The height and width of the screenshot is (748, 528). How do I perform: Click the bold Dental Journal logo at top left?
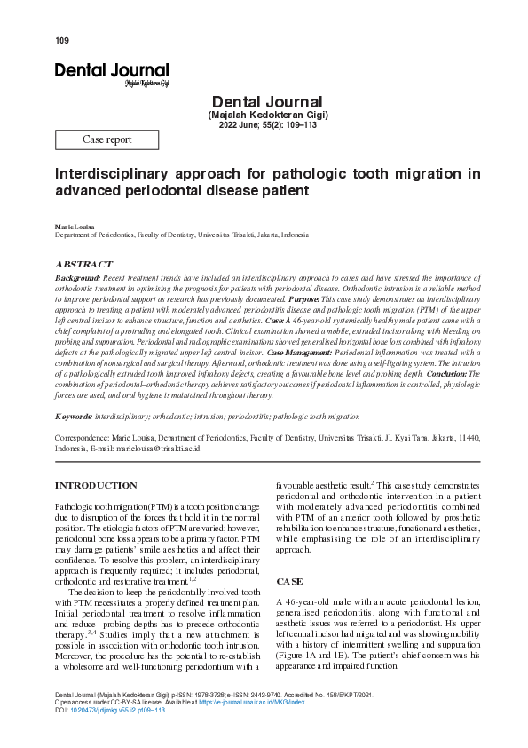click(x=111, y=70)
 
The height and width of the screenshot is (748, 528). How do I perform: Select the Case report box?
click(x=106, y=139)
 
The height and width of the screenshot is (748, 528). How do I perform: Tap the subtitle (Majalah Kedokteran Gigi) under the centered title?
click(x=268, y=116)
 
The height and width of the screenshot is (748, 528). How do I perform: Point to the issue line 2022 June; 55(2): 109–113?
click(x=268, y=126)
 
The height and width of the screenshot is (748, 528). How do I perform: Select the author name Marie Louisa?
click(x=73, y=228)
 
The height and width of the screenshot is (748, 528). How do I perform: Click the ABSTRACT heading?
click(x=84, y=265)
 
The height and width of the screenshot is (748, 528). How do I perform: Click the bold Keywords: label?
click(x=75, y=416)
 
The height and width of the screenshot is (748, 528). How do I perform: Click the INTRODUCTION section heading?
click(x=96, y=486)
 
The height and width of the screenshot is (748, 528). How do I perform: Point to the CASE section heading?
click(x=289, y=581)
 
